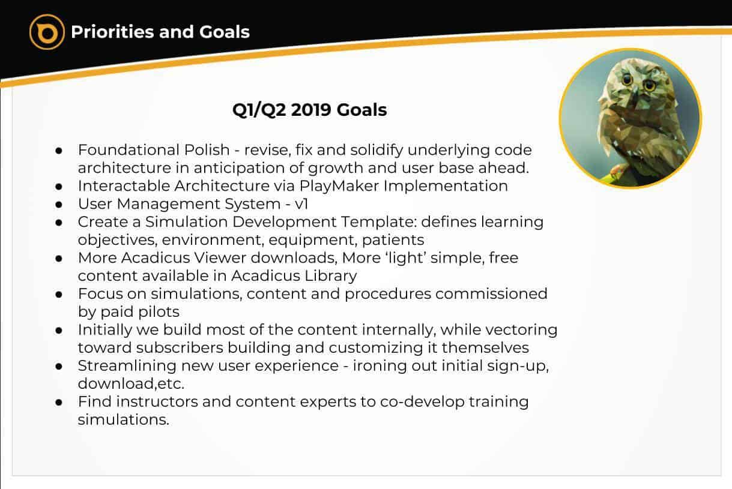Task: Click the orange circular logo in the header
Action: (47, 32)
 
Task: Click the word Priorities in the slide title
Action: (112, 32)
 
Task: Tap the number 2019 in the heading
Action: (311, 110)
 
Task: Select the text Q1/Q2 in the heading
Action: (259, 110)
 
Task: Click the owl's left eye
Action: (627, 79)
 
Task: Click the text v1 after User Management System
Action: (301, 204)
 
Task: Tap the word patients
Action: (393, 240)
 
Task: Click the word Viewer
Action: (220, 258)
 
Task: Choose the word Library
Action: (330, 276)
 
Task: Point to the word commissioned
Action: (491, 294)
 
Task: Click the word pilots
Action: (159, 312)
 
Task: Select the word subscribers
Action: (180, 347)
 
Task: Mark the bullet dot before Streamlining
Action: (59, 367)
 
